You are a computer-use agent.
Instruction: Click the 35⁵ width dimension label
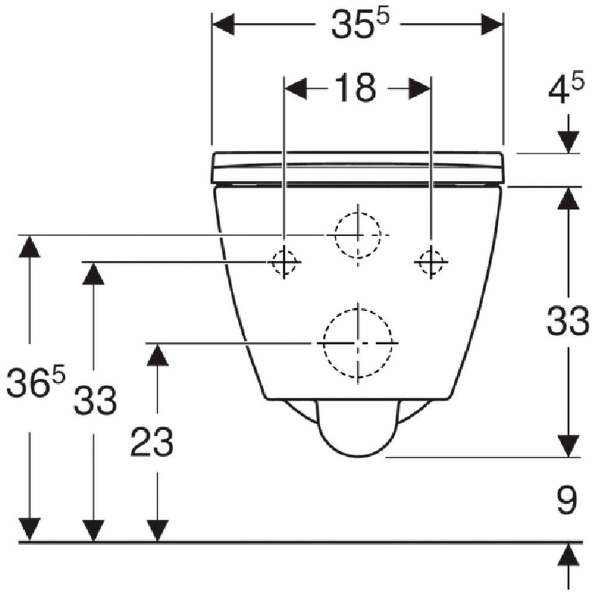click(x=361, y=24)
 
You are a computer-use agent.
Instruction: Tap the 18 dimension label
click(x=356, y=88)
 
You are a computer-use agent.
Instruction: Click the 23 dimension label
click(x=152, y=441)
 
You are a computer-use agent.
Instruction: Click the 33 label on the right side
click(x=568, y=321)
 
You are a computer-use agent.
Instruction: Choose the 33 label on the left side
click(x=95, y=400)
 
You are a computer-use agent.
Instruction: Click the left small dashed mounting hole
click(x=284, y=262)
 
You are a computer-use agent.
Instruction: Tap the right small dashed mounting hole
click(x=431, y=262)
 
